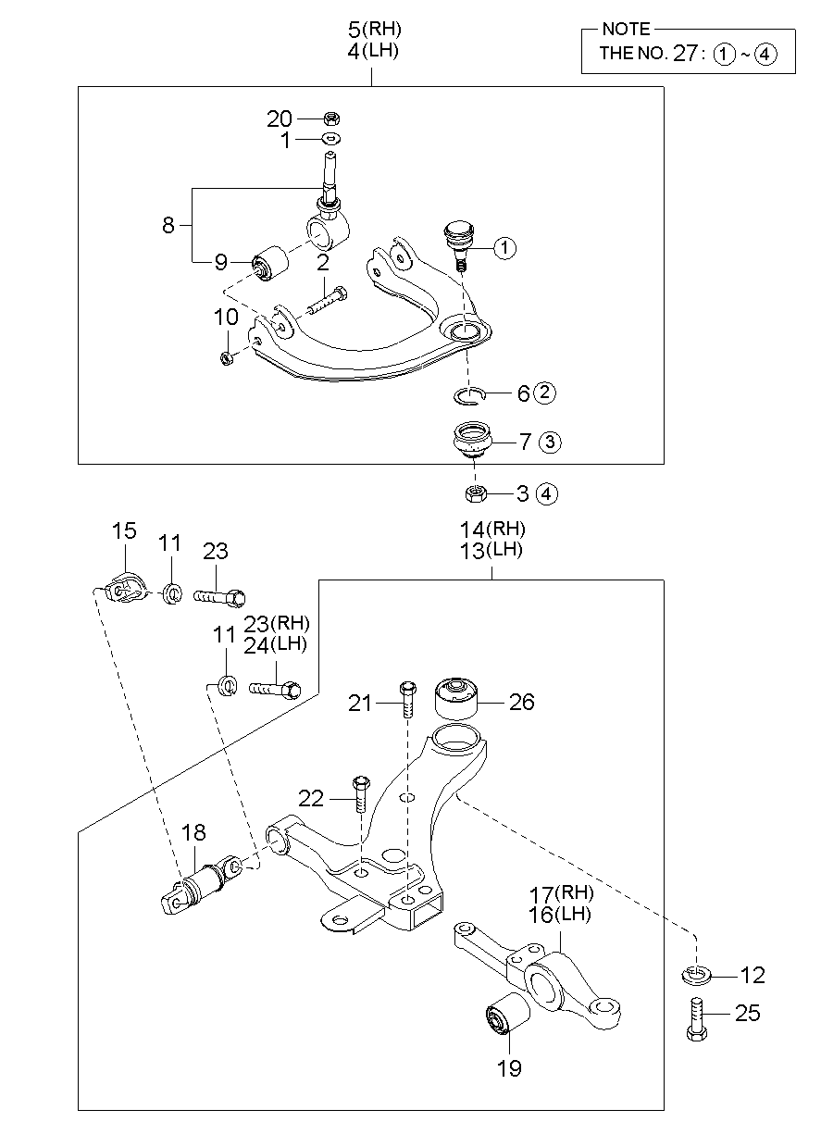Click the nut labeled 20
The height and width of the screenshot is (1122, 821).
tap(332, 118)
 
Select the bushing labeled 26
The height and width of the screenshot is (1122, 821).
tap(457, 699)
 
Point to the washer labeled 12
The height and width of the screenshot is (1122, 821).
tap(696, 975)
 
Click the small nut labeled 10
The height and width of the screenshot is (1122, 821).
tap(227, 357)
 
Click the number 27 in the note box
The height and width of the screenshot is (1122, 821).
tap(684, 54)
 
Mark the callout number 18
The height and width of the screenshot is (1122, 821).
tap(193, 832)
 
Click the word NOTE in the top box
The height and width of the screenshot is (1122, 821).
tap(626, 30)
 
